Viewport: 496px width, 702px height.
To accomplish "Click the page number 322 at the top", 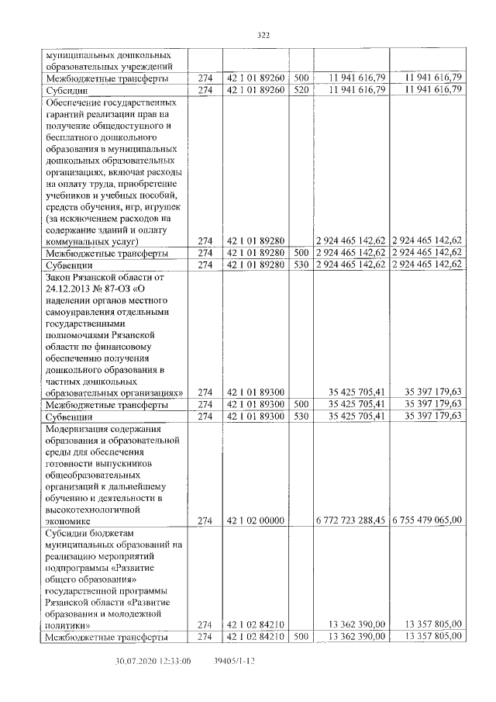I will [x=263, y=35].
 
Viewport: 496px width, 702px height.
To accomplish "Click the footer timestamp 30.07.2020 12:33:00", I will [x=153, y=661].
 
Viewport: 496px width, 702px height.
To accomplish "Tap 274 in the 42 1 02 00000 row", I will [x=205, y=520].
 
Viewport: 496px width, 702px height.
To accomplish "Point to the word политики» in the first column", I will [x=68, y=624].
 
